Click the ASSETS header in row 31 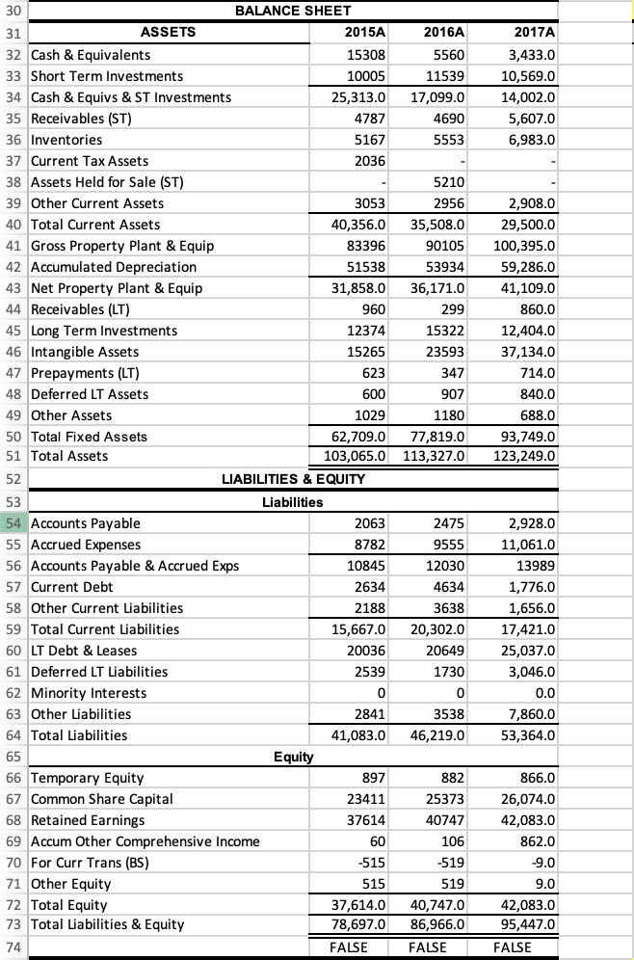tap(168, 33)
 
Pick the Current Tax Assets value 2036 tap(370, 161)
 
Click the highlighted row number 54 tap(14, 523)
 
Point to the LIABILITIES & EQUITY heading tap(294, 479)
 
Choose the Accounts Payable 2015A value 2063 tap(370, 523)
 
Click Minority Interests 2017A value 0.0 tap(538, 693)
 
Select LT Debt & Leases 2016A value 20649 tap(445, 651)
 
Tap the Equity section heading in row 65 tap(293, 757)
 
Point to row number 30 tap(14, 11)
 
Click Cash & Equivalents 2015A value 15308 tap(366, 55)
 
